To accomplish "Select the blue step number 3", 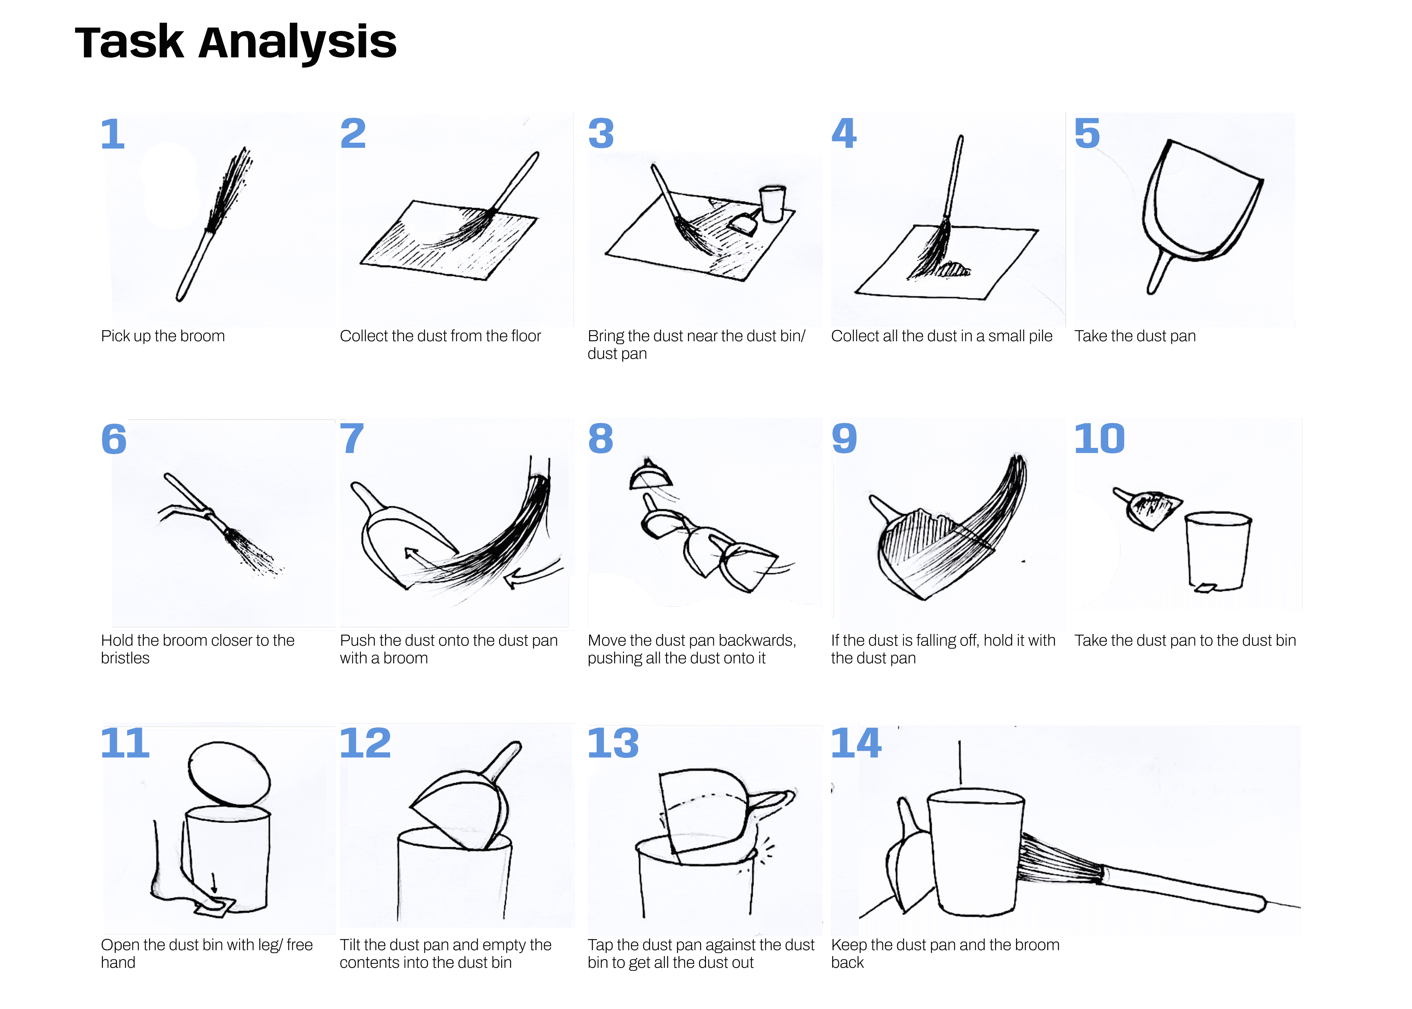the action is point(601,133).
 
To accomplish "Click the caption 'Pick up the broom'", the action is point(163,336).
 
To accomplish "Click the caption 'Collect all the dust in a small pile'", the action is point(941,336).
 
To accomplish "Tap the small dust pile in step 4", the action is point(953,270).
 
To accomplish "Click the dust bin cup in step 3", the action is point(773,203).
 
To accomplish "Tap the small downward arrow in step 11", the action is point(214,882).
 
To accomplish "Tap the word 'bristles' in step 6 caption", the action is point(125,659).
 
